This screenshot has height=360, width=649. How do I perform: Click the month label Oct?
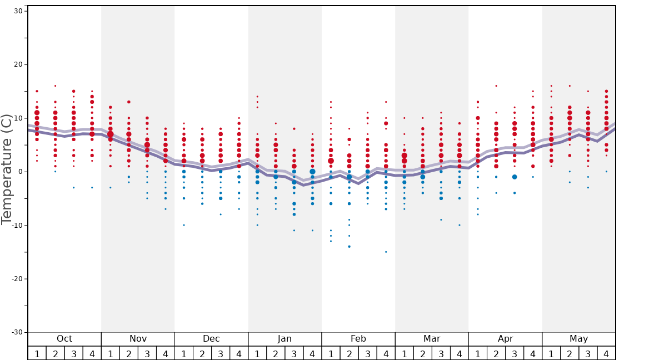click(x=64, y=339)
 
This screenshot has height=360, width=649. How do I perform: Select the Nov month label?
click(x=138, y=339)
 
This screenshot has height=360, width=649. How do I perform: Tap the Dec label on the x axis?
click(x=211, y=339)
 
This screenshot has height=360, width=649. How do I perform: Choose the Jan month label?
click(x=284, y=339)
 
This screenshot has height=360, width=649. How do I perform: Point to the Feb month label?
click(x=358, y=339)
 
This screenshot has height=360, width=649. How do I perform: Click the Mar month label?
click(x=432, y=339)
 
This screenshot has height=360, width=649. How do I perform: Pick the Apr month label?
click(x=505, y=339)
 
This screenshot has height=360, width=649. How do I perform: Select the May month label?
click(x=578, y=339)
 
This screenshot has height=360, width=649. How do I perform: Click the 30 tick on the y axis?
click(x=17, y=11)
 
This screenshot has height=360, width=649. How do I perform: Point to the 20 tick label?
click(x=17, y=64)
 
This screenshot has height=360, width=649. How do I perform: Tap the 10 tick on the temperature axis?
click(x=17, y=118)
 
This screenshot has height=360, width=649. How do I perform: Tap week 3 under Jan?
click(x=294, y=353)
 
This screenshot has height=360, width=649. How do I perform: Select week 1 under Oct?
click(x=37, y=353)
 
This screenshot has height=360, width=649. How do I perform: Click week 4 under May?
click(x=606, y=353)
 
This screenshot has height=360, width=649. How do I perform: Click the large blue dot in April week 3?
click(x=515, y=177)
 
